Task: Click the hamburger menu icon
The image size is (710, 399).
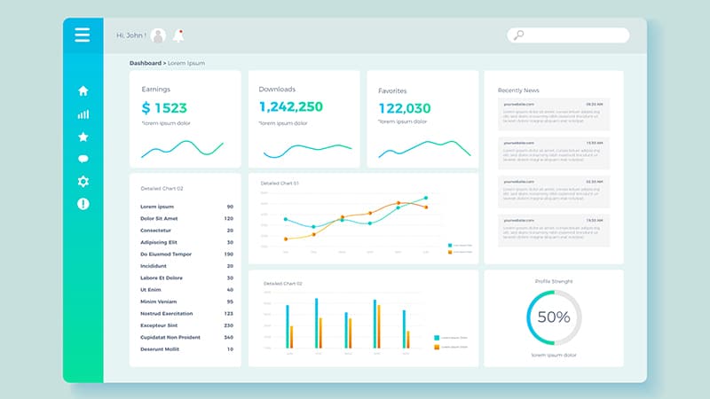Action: tap(83, 35)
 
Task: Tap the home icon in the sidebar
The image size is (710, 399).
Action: tap(83, 90)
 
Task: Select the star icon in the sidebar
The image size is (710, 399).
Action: tap(83, 137)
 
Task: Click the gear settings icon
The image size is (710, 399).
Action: tap(83, 182)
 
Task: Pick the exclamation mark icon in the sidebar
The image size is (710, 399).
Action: tap(83, 204)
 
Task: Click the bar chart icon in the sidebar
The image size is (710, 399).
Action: tap(83, 114)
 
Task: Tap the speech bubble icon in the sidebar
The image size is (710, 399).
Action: tap(83, 160)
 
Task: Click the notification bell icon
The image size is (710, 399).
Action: tap(179, 35)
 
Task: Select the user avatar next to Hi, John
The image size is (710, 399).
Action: tap(159, 35)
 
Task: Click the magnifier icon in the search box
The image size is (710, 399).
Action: tap(519, 35)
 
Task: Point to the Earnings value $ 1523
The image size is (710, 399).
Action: tap(164, 108)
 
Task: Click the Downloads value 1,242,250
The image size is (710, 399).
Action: tap(291, 107)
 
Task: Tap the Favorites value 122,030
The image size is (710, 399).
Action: tap(405, 108)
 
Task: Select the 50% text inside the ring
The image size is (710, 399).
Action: tap(554, 317)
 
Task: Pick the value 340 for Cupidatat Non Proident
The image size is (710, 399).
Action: tap(228, 337)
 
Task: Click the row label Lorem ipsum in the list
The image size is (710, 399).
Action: tap(157, 207)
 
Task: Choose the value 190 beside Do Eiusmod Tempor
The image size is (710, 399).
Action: tap(228, 254)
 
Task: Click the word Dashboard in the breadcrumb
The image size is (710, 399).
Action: tap(146, 63)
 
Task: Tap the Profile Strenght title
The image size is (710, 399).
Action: tap(554, 281)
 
